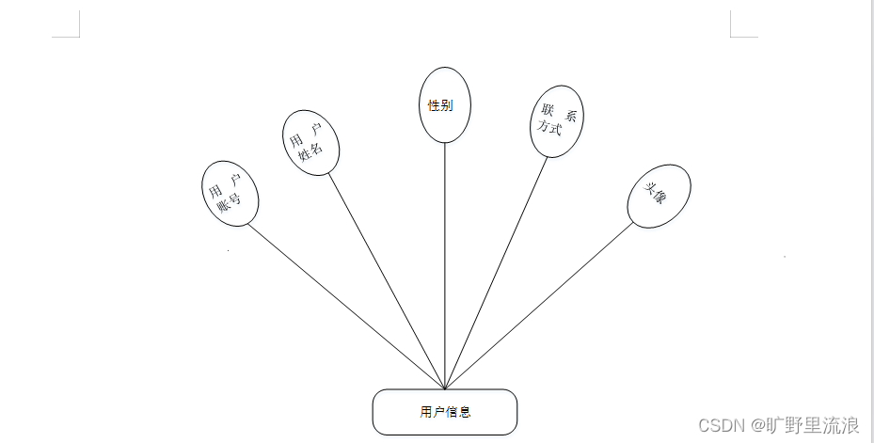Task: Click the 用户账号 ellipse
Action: click(230, 193)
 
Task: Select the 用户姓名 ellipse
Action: click(310, 143)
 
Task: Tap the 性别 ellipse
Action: click(444, 104)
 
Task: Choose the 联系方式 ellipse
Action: click(557, 121)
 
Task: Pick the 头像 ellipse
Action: click(659, 196)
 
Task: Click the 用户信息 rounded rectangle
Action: click(445, 412)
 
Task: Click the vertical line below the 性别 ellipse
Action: click(445, 263)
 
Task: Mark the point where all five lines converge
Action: click(445, 388)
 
